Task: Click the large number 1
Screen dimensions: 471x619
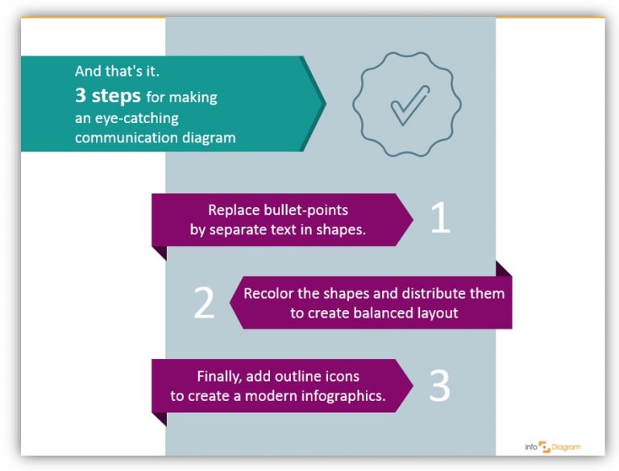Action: coord(440,217)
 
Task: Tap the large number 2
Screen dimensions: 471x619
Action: coord(205,303)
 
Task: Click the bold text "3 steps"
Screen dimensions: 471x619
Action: coord(108,97)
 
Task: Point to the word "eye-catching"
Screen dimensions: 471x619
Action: coord(138,118)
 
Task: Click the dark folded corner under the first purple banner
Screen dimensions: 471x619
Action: coord(159,253)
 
